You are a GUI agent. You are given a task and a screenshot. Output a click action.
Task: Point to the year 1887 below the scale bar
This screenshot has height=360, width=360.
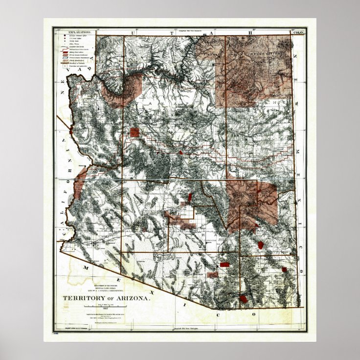(x=104, y=309)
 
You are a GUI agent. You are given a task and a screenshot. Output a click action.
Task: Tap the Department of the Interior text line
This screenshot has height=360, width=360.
(x=104, y=285)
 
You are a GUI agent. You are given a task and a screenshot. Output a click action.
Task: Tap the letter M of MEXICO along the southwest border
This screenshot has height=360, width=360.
(x=86, y=268)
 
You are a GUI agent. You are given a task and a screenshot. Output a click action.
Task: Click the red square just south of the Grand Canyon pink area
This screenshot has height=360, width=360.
(x=135, y=131)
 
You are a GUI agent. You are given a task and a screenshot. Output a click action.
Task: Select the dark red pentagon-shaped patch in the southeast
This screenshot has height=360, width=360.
(x=261, y=244)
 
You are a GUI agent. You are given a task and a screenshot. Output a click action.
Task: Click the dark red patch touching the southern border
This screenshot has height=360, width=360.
(x=243, y=299)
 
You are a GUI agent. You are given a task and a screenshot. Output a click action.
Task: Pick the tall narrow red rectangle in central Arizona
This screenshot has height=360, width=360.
(x=190, y=198)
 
